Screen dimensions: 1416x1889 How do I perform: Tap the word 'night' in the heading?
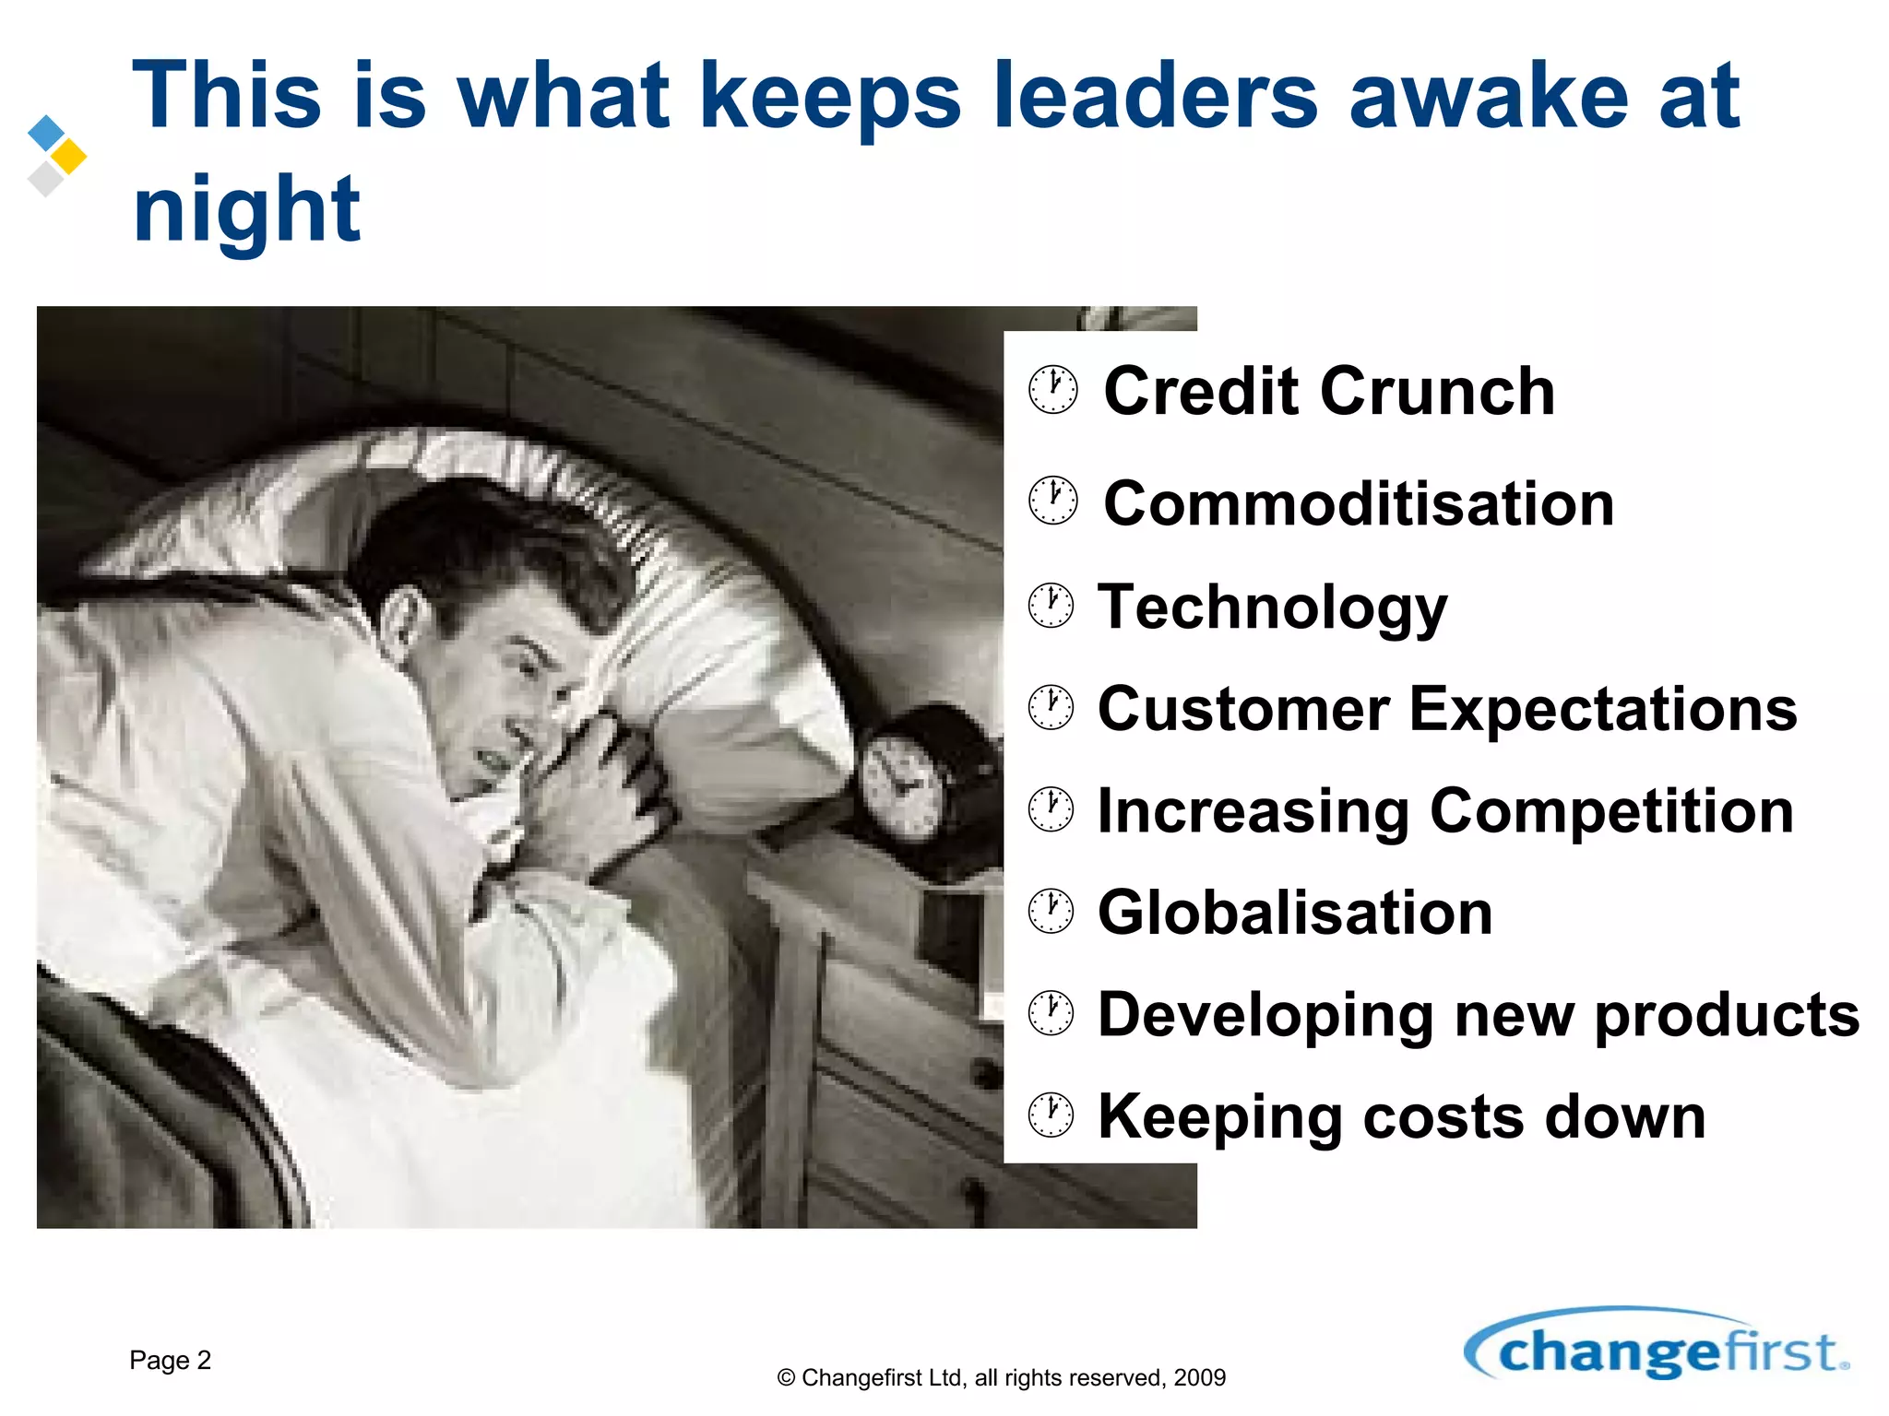coord(246,210)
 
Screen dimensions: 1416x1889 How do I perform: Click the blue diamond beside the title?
coord(46,133)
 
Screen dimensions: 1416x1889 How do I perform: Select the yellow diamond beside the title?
coord(68,157)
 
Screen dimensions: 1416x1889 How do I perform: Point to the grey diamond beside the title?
coord(45,178)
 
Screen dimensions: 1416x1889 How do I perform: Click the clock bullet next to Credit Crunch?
coord(1052,390)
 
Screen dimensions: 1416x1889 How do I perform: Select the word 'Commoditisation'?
coord(1359,504)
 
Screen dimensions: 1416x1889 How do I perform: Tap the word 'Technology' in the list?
coord(1272,608)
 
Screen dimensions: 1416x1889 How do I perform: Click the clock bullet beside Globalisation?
coord(1051,912)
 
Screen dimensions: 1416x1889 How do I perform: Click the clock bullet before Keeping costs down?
coord(1051,1115)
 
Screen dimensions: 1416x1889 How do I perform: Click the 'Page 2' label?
coord(170,1360)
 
